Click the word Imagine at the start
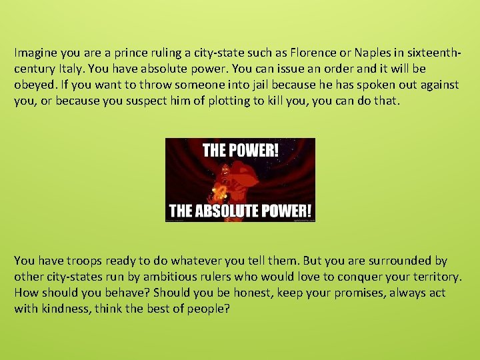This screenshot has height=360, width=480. coord(35,52)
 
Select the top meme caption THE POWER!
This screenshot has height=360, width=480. coord(240,149)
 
